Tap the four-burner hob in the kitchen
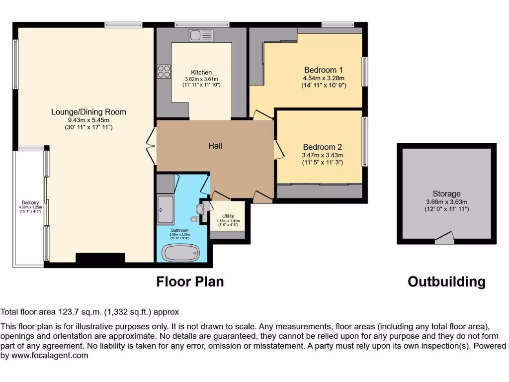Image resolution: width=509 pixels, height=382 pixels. pos(164,72)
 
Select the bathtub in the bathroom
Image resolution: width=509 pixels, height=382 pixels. pos(181,253)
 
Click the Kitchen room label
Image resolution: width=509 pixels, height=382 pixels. pos(201,73)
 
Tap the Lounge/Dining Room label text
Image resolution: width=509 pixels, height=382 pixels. pos(88,112)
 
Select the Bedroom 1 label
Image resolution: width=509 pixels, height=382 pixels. pos(324,70)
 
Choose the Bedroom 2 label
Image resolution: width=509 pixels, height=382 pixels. pos(323,147)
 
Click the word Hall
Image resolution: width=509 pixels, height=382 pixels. pos(215,146)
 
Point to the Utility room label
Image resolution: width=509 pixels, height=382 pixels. pos(228,216)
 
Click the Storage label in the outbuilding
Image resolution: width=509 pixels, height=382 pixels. pos(446,193)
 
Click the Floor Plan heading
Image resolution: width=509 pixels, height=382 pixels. pos(190,282)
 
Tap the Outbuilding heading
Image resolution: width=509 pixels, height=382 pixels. pos(446,282)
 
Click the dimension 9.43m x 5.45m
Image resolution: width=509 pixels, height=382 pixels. pos(88,120)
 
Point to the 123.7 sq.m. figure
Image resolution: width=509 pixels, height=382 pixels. pos(80,312)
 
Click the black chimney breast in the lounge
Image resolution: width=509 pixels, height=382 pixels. pos(100,258)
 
